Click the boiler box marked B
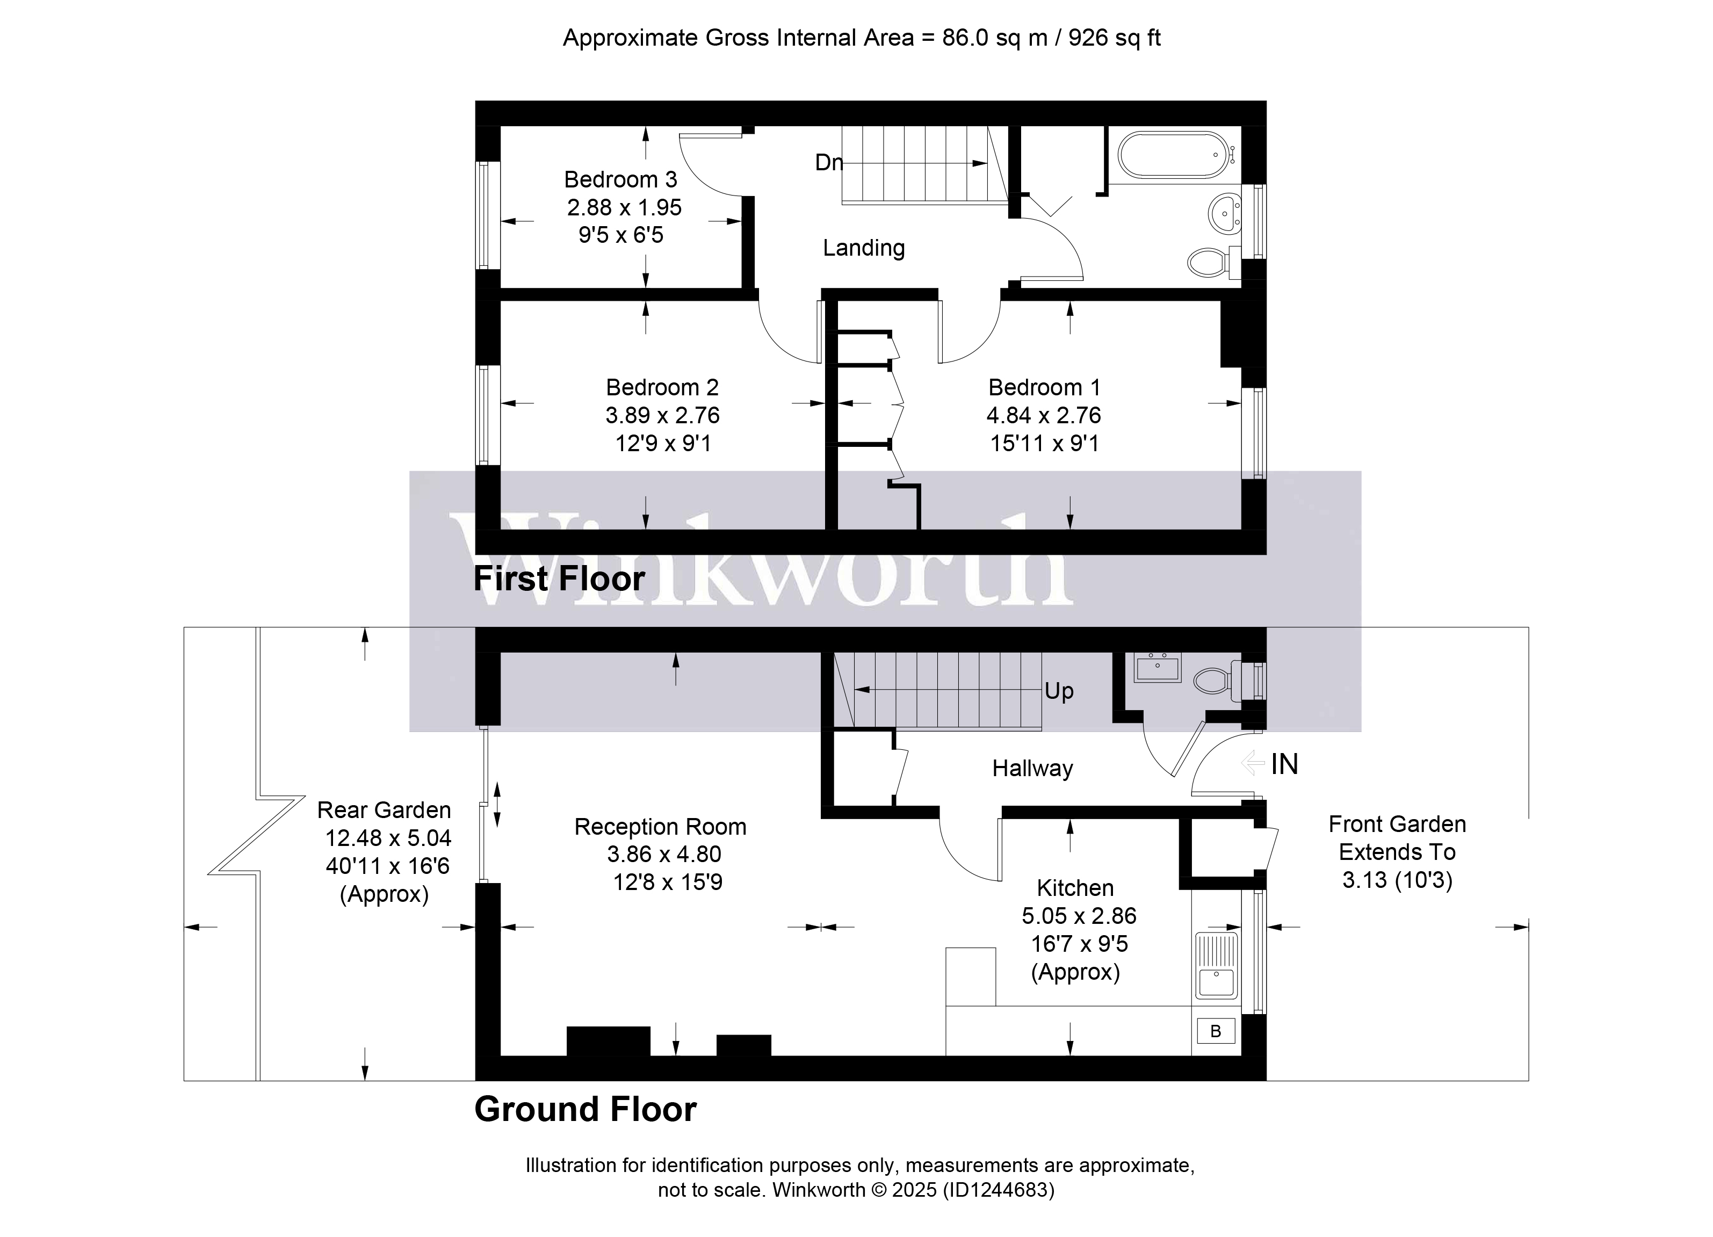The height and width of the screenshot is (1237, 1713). tap(1215, 1031)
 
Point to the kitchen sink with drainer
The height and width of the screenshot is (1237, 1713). tap(1216, 966)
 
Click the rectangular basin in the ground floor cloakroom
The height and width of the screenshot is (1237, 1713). tap(1157, 668)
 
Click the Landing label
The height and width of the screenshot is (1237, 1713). tap(863, 248)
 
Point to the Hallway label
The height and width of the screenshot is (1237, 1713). tap(1032, 768)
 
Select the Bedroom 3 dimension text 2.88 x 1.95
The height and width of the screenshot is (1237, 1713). tap(625, 207)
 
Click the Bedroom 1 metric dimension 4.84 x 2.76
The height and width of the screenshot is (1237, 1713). tap(1044, 415)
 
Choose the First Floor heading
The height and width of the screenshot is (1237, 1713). tap(559, 579)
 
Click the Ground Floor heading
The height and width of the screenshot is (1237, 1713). tap(586, 1109)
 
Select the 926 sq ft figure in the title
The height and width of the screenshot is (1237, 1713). tap(1115, 38)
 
